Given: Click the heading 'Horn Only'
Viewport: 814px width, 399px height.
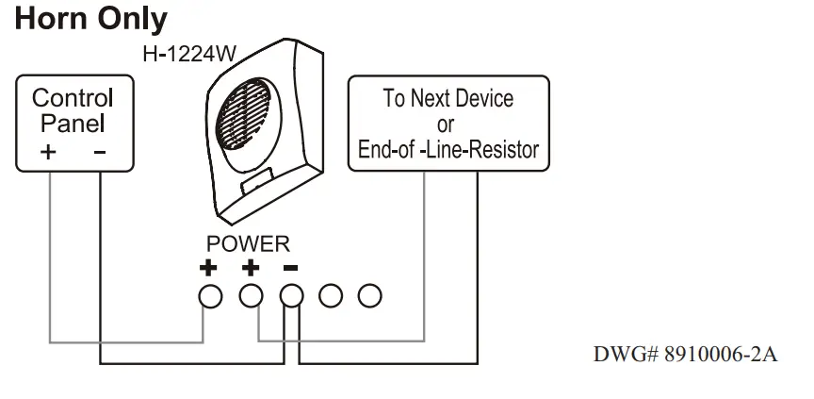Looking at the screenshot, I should click(x=91, y=19).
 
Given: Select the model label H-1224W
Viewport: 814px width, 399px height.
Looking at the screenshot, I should click(x=187, y=54).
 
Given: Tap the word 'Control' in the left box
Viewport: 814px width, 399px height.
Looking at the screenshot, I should click(x=73, y=98).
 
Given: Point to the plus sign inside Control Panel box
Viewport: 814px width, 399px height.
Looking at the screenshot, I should click(x=48, y=151).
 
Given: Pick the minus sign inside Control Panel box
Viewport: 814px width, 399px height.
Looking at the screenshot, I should click(x=99, y=151).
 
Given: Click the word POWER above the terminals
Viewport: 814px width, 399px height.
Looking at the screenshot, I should click(x=248, y=244).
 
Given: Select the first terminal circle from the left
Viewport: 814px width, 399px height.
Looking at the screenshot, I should click(x=209, y=296).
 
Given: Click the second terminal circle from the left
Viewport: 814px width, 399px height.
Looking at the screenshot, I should click(x=250, y=296).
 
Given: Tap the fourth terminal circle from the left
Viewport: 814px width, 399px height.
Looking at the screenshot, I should click(x=330, y=296).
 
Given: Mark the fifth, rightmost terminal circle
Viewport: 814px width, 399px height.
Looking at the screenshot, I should click(x=370, y=296).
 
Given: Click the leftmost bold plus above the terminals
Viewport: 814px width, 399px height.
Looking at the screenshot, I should click(x=209, y=268).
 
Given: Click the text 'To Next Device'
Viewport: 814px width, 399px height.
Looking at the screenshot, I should click(x=448, y=99).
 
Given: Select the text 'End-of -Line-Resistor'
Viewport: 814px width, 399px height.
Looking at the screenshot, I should click(x=448, y=149).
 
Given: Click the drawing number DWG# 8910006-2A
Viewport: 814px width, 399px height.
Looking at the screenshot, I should click(x=685, y=356).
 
